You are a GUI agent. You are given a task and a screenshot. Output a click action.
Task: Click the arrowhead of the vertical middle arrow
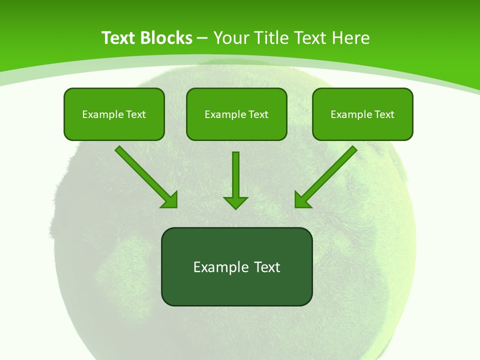click(x=235, y=202)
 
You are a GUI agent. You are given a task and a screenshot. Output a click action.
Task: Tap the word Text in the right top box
click(x=384, y=114)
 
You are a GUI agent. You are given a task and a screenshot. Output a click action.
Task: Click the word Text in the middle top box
click(x=258, y=114)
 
